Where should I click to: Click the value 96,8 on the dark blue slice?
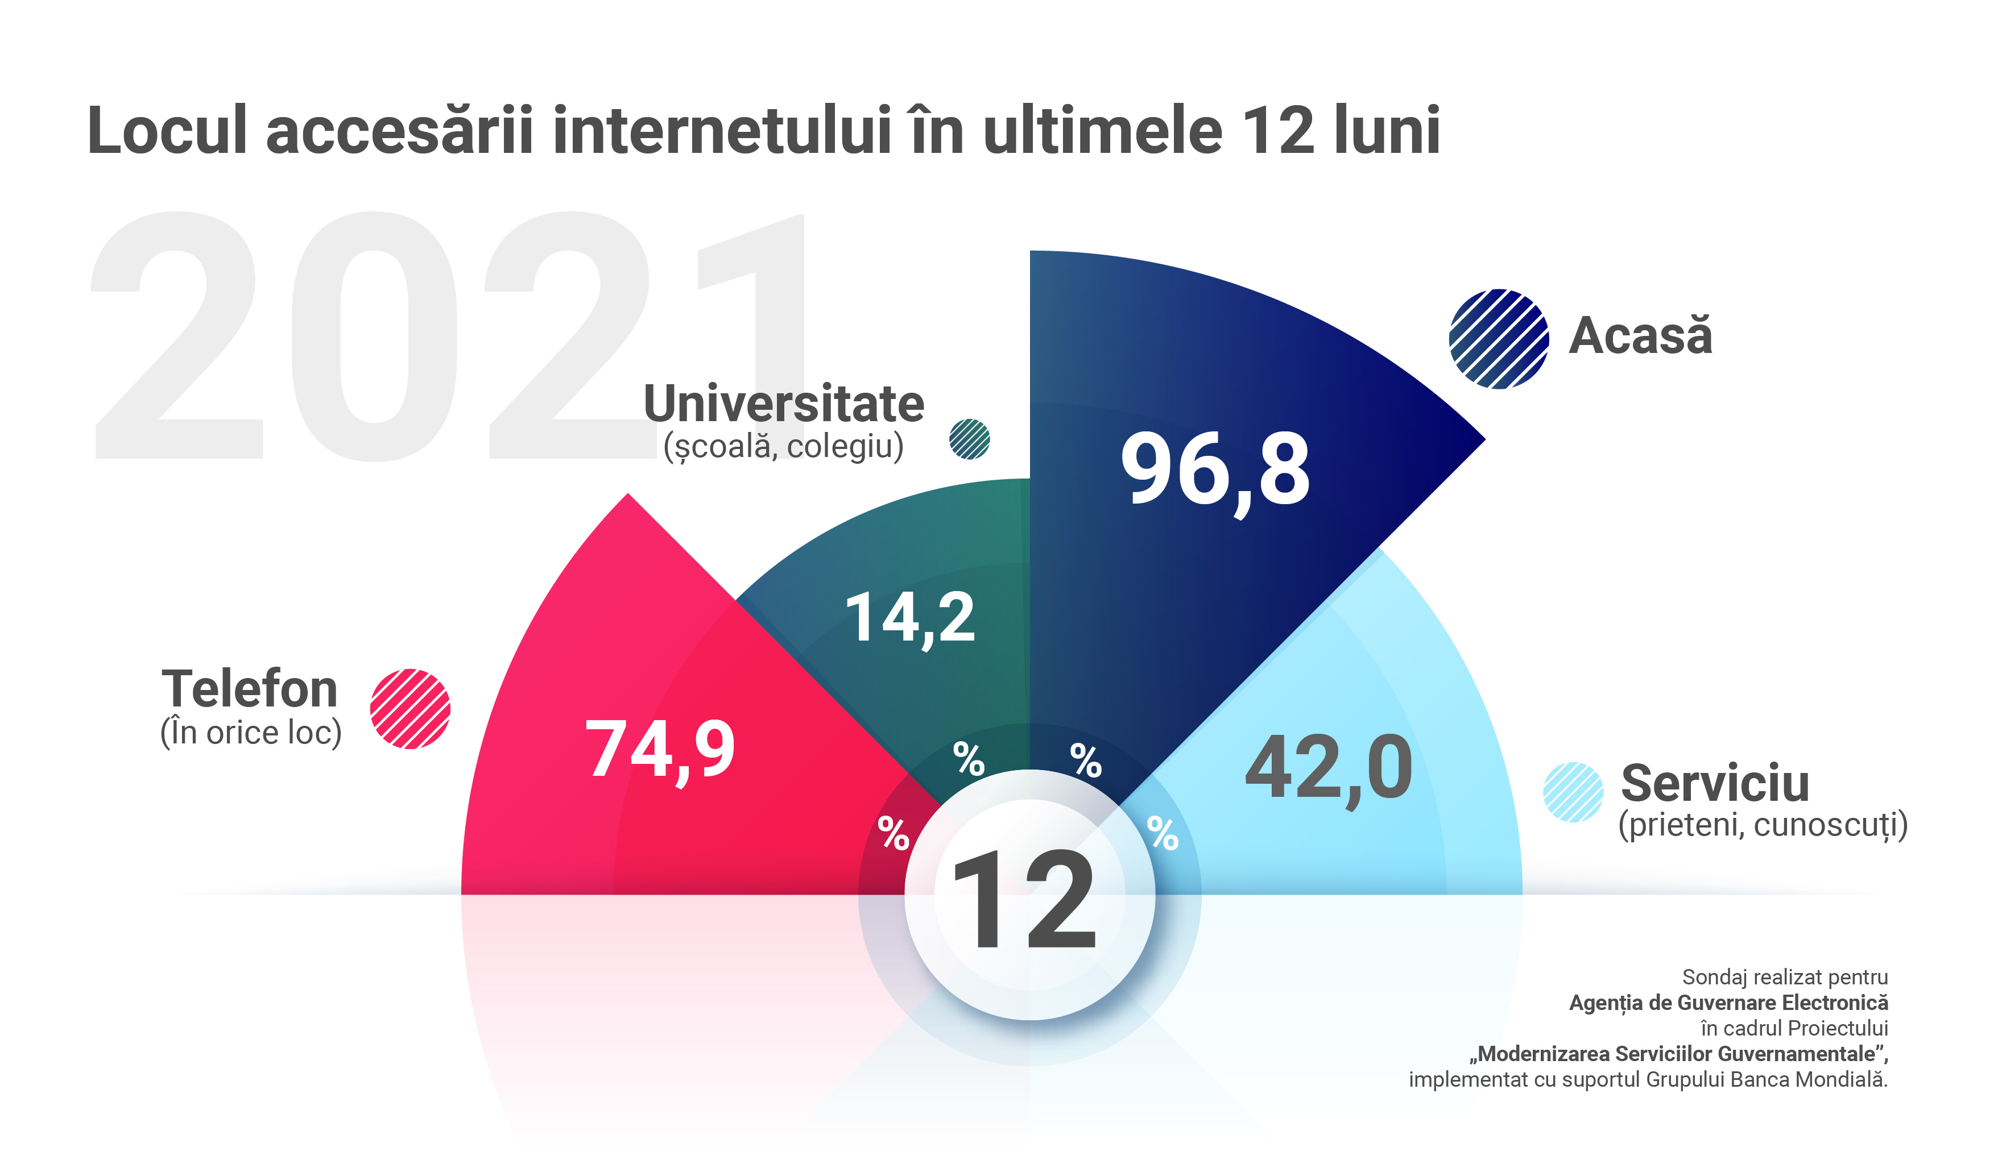[x=1215, y=469]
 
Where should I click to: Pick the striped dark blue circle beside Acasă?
[x=1498, y=339]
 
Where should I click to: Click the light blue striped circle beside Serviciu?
[x=1573, y=792]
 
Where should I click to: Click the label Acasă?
[x=1640, y=335]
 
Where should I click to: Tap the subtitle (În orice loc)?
[x=251, y=732]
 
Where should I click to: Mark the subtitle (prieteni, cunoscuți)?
[x=1762, y=825]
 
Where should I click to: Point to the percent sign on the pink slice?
[x=893, y=834]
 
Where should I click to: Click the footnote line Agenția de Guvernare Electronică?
[x=1728, y=1003]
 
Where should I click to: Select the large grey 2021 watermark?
[x=445, y=338]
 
